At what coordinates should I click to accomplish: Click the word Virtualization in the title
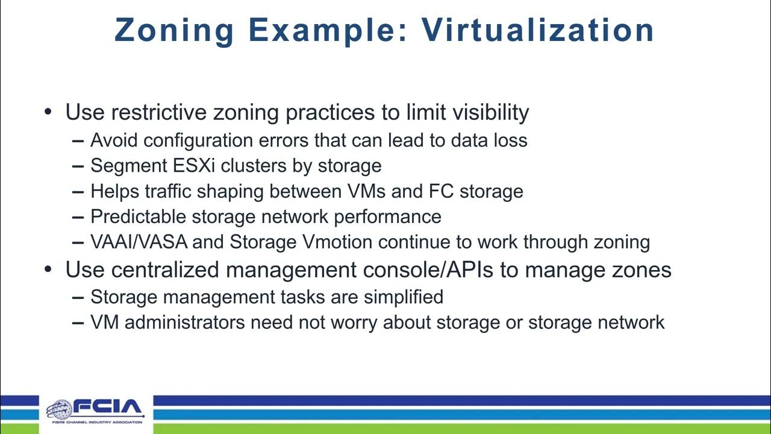tap(538, 30)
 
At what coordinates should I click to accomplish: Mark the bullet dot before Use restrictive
tap(49, 113)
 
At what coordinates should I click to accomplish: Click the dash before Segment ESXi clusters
tap(78, 166)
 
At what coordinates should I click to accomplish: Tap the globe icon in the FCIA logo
tap(58, 410)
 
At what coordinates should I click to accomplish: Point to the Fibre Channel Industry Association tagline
tap(95, 422)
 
